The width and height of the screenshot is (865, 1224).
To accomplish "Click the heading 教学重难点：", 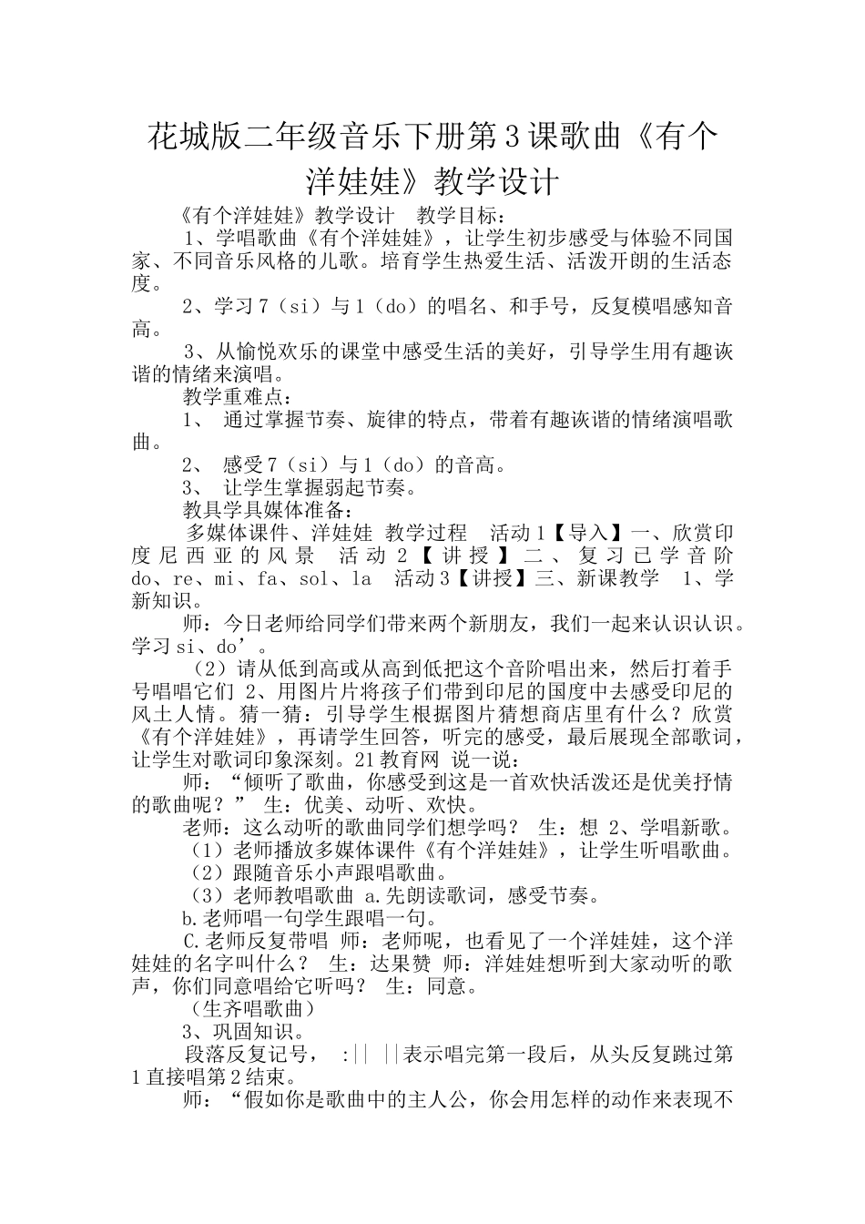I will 238,397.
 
